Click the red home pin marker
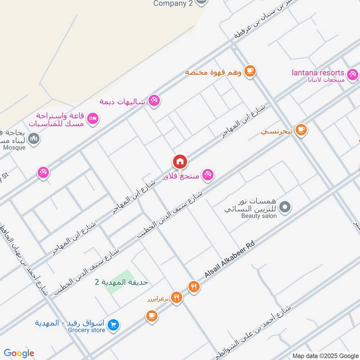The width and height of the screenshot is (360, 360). point(180,162)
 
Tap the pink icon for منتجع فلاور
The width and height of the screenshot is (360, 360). point(207,175)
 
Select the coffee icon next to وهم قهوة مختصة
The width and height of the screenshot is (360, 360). point(250,71)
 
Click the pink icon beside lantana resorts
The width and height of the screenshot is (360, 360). point(352,73)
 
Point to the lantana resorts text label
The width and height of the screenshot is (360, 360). point(318,72)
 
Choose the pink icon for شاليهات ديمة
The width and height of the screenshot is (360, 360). point(154,100)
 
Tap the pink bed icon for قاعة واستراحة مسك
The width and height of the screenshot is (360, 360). point(93,118)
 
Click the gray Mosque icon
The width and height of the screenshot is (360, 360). point(34,139)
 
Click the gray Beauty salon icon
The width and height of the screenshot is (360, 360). point(284,207)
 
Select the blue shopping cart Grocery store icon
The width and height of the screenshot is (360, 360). point(113,324)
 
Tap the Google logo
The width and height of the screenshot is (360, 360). point(19,353)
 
